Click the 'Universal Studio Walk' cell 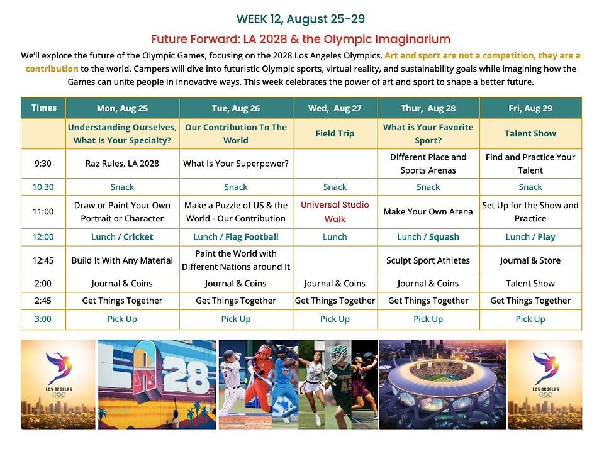click(x=335, y=212)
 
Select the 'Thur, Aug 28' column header click(x=428, y=108)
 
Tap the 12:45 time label click(x=43, y=260)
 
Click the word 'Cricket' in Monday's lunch click(x=138, y=237)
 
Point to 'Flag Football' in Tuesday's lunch click(x=252, y=237)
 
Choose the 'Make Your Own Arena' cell click(x=428, y=211)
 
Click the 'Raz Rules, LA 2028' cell click(x=122, y=164)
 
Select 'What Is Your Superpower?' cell click(x=236, y=164)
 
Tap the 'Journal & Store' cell click(x=530, y=260)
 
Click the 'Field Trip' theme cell click(x=335, y=134)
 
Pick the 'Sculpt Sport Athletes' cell click(x=428, y=260)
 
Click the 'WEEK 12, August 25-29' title click(x=301, y=19)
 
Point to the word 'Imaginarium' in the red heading click(x=413, y=39)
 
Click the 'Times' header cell click(x=44, y=108)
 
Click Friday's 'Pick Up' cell click(x=530, y=319)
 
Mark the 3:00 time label click(x=43, y=319)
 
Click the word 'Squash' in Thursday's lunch click(x=444, y=237)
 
